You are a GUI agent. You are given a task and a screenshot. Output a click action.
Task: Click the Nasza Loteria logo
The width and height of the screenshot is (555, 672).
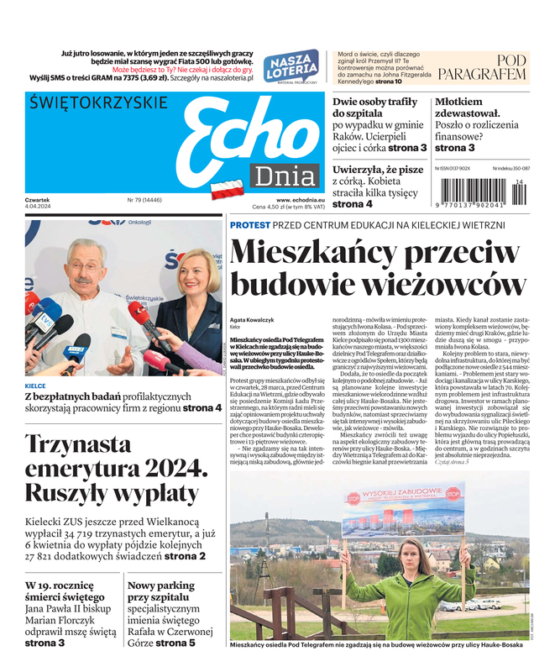point(291,66)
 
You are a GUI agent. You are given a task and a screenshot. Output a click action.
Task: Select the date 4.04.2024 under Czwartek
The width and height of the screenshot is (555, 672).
point(39,207)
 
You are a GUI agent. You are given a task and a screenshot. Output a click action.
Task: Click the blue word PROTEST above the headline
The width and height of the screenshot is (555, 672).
point(250,225)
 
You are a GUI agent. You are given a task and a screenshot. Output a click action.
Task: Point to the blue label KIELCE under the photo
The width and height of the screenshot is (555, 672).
point(35,386)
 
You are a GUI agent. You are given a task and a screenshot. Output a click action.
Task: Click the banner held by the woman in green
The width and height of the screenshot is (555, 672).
point(402,509)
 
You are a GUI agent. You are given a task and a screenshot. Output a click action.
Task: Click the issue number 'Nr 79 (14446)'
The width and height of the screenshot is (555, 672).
point(144,200)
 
